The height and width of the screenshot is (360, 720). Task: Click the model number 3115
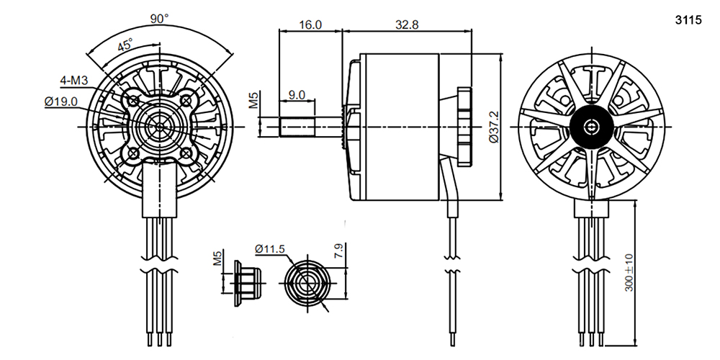[688, 20]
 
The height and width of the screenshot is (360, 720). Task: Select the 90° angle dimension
[160, 19]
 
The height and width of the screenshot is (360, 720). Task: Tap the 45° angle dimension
[125, 45]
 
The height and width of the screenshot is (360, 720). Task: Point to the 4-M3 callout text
[74, 81]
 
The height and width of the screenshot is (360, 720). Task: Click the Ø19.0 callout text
[61, 102]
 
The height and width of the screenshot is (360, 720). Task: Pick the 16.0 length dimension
[310, 24]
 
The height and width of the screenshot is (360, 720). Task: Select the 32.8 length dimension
[407, 24]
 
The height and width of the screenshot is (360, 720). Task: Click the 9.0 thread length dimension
[297, 94]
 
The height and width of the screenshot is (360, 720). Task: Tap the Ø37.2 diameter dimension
[494, 127]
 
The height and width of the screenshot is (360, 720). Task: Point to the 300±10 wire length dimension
[629, 273]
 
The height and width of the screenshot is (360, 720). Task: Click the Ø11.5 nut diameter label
[270, 249]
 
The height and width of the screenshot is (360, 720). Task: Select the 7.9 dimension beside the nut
[339, 251]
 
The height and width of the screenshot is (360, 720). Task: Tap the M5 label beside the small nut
[217, 258]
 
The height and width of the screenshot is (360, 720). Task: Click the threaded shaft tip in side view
[297, 127]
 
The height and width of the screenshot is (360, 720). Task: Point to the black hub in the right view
[591, 127]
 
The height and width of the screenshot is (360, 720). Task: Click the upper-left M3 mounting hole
[134, 100]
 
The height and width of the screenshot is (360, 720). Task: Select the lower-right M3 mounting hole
[186, 153]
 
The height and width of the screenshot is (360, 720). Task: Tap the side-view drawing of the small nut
[247, 283]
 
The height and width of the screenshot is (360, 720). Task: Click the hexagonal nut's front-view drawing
[307, 283]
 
